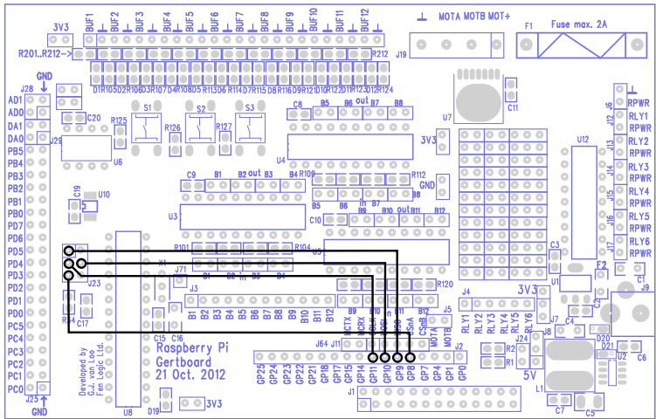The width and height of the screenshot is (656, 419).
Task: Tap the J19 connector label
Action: pos(401,54)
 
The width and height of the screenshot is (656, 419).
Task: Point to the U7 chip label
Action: pos(446,116)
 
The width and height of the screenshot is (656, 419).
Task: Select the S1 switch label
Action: pos(148,106)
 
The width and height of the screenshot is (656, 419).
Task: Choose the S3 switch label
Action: pos(249,106)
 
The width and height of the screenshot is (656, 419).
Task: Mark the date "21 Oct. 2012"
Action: pos(190,374)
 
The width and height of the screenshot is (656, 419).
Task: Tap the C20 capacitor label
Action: pos(93,117)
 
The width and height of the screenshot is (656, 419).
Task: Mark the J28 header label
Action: pos(26,88)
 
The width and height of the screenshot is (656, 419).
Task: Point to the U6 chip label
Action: pos(118,161)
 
